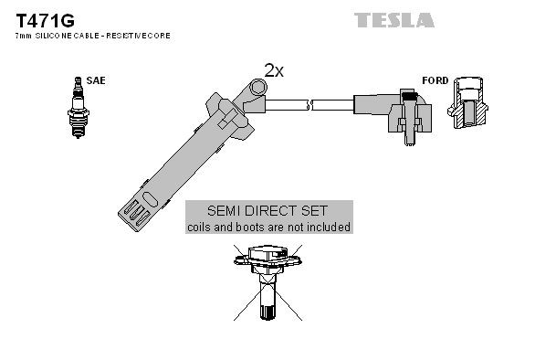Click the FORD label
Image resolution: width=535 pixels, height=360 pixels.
(435, 80)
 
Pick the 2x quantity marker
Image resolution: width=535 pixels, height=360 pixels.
(275, 69)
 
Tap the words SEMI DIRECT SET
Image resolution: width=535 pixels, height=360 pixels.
(267, 210)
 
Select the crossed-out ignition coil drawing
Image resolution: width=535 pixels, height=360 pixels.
(267, 279)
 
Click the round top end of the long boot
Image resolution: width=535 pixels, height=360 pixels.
(258, 89)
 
